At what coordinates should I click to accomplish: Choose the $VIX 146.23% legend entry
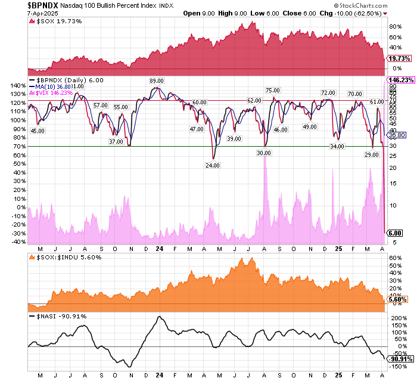(x=55, y=92)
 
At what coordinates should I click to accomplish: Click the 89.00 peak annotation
(x=157, y=80)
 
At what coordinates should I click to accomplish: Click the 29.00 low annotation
(x=372, y=154)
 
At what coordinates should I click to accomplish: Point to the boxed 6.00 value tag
(x=396, y=233)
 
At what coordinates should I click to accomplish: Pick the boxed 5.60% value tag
(x=397, y=299)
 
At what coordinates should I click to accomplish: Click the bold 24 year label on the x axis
(x=160, y=247)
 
